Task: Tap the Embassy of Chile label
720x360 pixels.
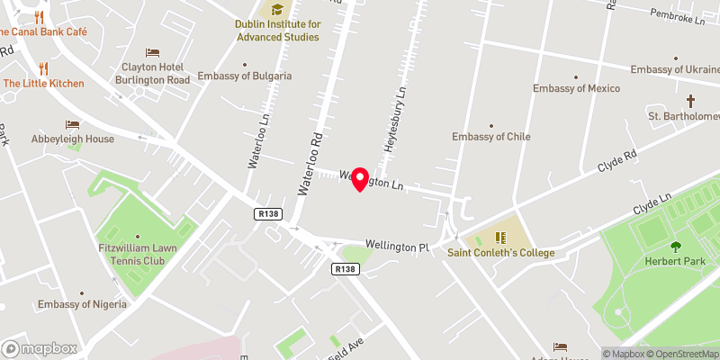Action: click(491, 137)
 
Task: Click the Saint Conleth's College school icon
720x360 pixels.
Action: click(501, 238)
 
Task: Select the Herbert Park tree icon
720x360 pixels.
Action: click(675, 247)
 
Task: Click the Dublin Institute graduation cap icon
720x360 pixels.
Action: click(277, 9)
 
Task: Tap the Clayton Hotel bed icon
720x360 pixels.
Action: click(152, 52)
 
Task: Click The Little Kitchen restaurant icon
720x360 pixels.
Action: click(43, 67)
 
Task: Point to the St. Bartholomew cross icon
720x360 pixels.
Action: click(691, 101)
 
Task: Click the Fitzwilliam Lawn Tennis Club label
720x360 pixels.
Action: click(139, 254)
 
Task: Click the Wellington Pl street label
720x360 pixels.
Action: click(398, 246)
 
